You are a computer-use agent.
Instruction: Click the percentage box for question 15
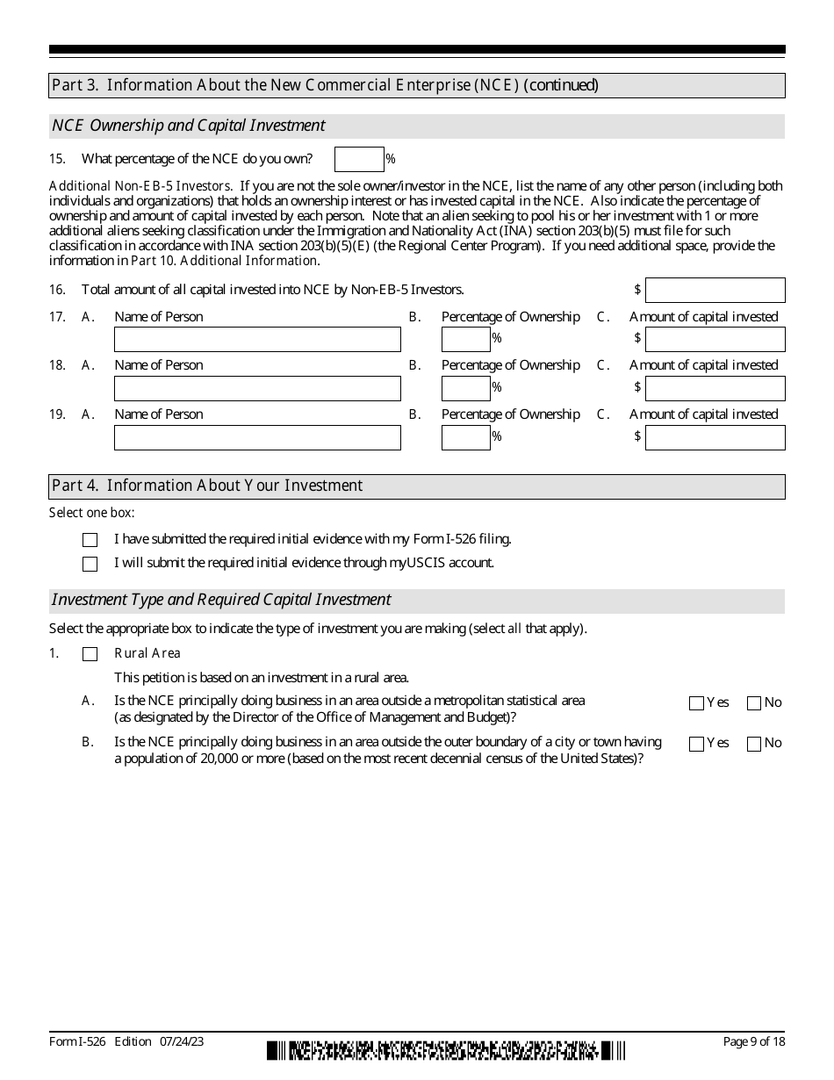coord(359,159)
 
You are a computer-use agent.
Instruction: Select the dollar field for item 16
coord(715,290)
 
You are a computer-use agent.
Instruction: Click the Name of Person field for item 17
coord(257,339)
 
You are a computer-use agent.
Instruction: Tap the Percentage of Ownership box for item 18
coord(465,388)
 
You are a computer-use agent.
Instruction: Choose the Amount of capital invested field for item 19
coord(715,437)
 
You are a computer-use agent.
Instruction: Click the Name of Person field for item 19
coord(257,437)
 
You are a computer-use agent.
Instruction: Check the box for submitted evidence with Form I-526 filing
coord(90,540)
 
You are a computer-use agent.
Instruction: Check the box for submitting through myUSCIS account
coord(90,564)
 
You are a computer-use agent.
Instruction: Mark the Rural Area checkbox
coord(90,654)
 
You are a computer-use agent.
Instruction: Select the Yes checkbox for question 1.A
coord(697,703)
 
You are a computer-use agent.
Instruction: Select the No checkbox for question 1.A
coord(754,703)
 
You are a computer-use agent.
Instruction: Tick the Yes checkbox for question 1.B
coord(697,745)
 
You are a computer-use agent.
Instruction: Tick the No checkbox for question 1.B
coord(754,745)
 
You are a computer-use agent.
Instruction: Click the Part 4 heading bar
coord(417,486)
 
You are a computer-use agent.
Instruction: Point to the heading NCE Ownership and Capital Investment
coord(189,126)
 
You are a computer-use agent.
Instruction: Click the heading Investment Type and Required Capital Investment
coord(221,600)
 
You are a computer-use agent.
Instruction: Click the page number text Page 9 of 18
coord(753,1041)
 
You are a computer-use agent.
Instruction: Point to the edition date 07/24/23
coord(183,1041)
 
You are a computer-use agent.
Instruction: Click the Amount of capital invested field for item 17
coord(715,339)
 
